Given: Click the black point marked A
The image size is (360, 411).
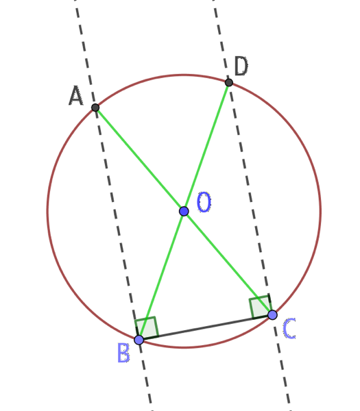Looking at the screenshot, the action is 95,108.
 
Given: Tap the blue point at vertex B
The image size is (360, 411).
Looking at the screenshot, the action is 139,340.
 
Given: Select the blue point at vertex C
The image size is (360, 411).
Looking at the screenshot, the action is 272,314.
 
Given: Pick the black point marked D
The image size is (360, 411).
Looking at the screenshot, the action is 229,83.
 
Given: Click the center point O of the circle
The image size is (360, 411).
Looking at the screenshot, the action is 184,211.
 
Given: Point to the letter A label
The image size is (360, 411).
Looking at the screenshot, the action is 76,96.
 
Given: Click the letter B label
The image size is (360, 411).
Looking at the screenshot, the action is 123,353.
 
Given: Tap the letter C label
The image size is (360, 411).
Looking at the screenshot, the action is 289,328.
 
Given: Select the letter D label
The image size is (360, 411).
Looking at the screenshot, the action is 241,66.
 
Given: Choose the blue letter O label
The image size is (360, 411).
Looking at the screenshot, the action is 204,202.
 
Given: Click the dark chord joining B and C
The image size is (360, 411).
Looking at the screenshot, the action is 206,327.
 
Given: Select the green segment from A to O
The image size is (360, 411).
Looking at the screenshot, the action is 140,160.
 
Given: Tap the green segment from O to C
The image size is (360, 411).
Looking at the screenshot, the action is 228,263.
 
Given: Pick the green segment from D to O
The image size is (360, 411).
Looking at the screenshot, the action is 206,147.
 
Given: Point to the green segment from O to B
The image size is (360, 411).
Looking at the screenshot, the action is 161,275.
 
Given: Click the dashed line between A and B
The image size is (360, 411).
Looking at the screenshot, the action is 117,223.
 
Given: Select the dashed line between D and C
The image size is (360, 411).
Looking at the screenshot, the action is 250,199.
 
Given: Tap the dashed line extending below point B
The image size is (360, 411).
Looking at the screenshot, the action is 145,375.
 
